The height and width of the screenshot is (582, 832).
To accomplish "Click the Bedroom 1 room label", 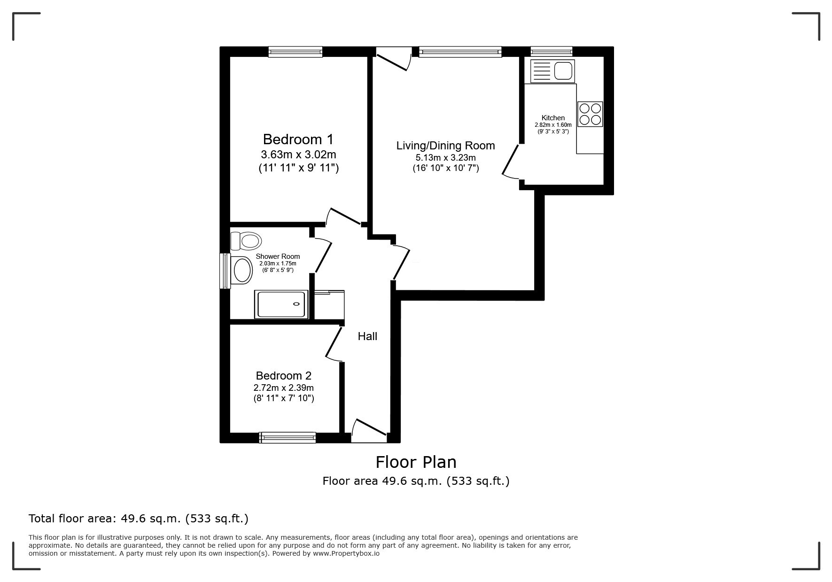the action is [298, 140].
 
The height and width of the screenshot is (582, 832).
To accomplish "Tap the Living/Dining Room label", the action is [445, 146].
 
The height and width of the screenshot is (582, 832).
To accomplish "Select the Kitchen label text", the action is [553, 118].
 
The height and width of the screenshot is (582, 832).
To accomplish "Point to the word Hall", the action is [367, 336].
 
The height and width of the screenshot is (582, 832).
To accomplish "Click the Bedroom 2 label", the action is [283, 376].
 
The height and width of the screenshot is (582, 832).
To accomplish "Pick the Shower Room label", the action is [278, 256].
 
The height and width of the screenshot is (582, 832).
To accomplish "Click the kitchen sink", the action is [552, 71].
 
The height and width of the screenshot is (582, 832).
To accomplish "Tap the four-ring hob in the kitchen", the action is [590, 114].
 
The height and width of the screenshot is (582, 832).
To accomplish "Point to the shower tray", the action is [281, 304].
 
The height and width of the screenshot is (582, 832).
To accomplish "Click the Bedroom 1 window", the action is [295, 52].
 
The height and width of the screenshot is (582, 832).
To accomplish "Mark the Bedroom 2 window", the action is [288, 437].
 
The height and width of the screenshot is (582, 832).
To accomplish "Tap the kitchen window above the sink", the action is [552, 52].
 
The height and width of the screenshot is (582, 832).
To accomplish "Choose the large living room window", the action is [460, 52].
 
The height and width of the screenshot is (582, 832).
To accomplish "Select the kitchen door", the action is [511, 161].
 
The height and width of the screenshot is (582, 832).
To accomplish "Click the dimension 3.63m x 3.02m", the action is [298, 155].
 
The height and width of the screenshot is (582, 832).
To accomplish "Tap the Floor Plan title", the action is [416, 462].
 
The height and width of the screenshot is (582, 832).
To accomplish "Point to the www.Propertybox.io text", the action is [346, 553].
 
